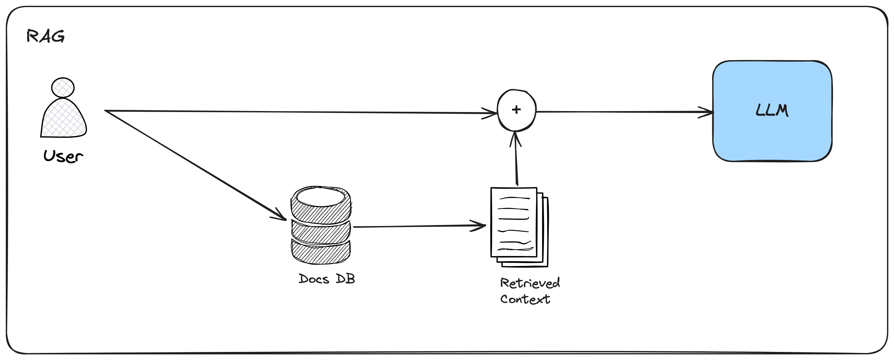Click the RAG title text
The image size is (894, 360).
45,36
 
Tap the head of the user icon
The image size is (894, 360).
63,88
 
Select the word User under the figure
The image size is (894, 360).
63,156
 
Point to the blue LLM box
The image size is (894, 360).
772,139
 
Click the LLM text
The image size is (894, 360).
772,111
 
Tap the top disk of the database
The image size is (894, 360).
321,205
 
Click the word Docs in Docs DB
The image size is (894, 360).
314,279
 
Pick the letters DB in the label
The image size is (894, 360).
345,279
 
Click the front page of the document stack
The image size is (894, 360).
514,222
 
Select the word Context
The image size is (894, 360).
525,299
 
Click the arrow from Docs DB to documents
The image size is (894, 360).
416,226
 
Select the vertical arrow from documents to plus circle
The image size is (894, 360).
517,160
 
